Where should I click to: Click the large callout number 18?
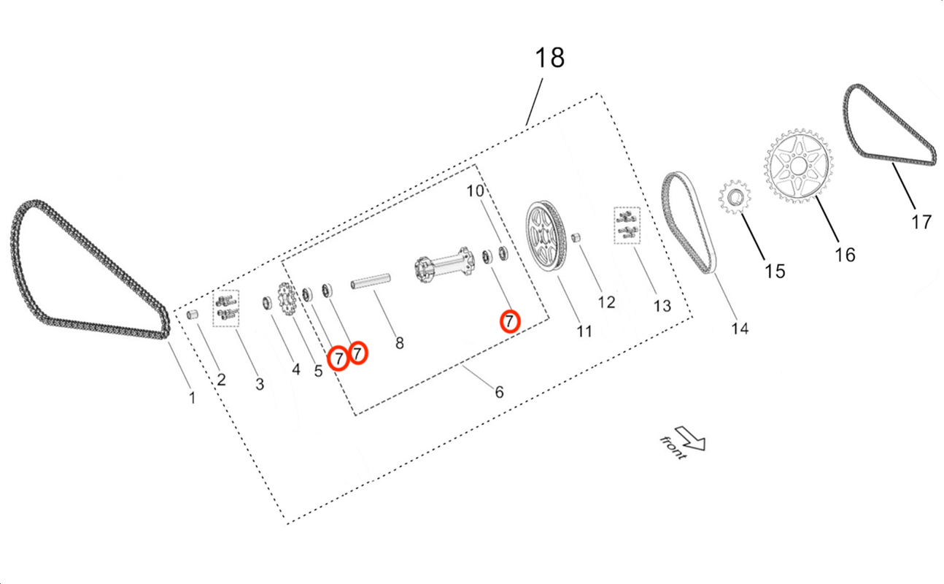(550, 58)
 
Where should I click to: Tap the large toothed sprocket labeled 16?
(798, 167)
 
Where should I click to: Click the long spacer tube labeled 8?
(373, 281)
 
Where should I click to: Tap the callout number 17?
(921, 221)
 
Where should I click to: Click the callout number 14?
(740, 329)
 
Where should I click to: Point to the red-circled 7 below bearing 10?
(510, 320)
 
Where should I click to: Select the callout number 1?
(193, 398)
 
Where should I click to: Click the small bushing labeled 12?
(576, 239)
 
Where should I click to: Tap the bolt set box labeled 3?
(227, 308)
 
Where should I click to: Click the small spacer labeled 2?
(193, 315)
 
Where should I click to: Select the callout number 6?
(499, 392)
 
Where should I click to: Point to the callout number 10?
(476, 191)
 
